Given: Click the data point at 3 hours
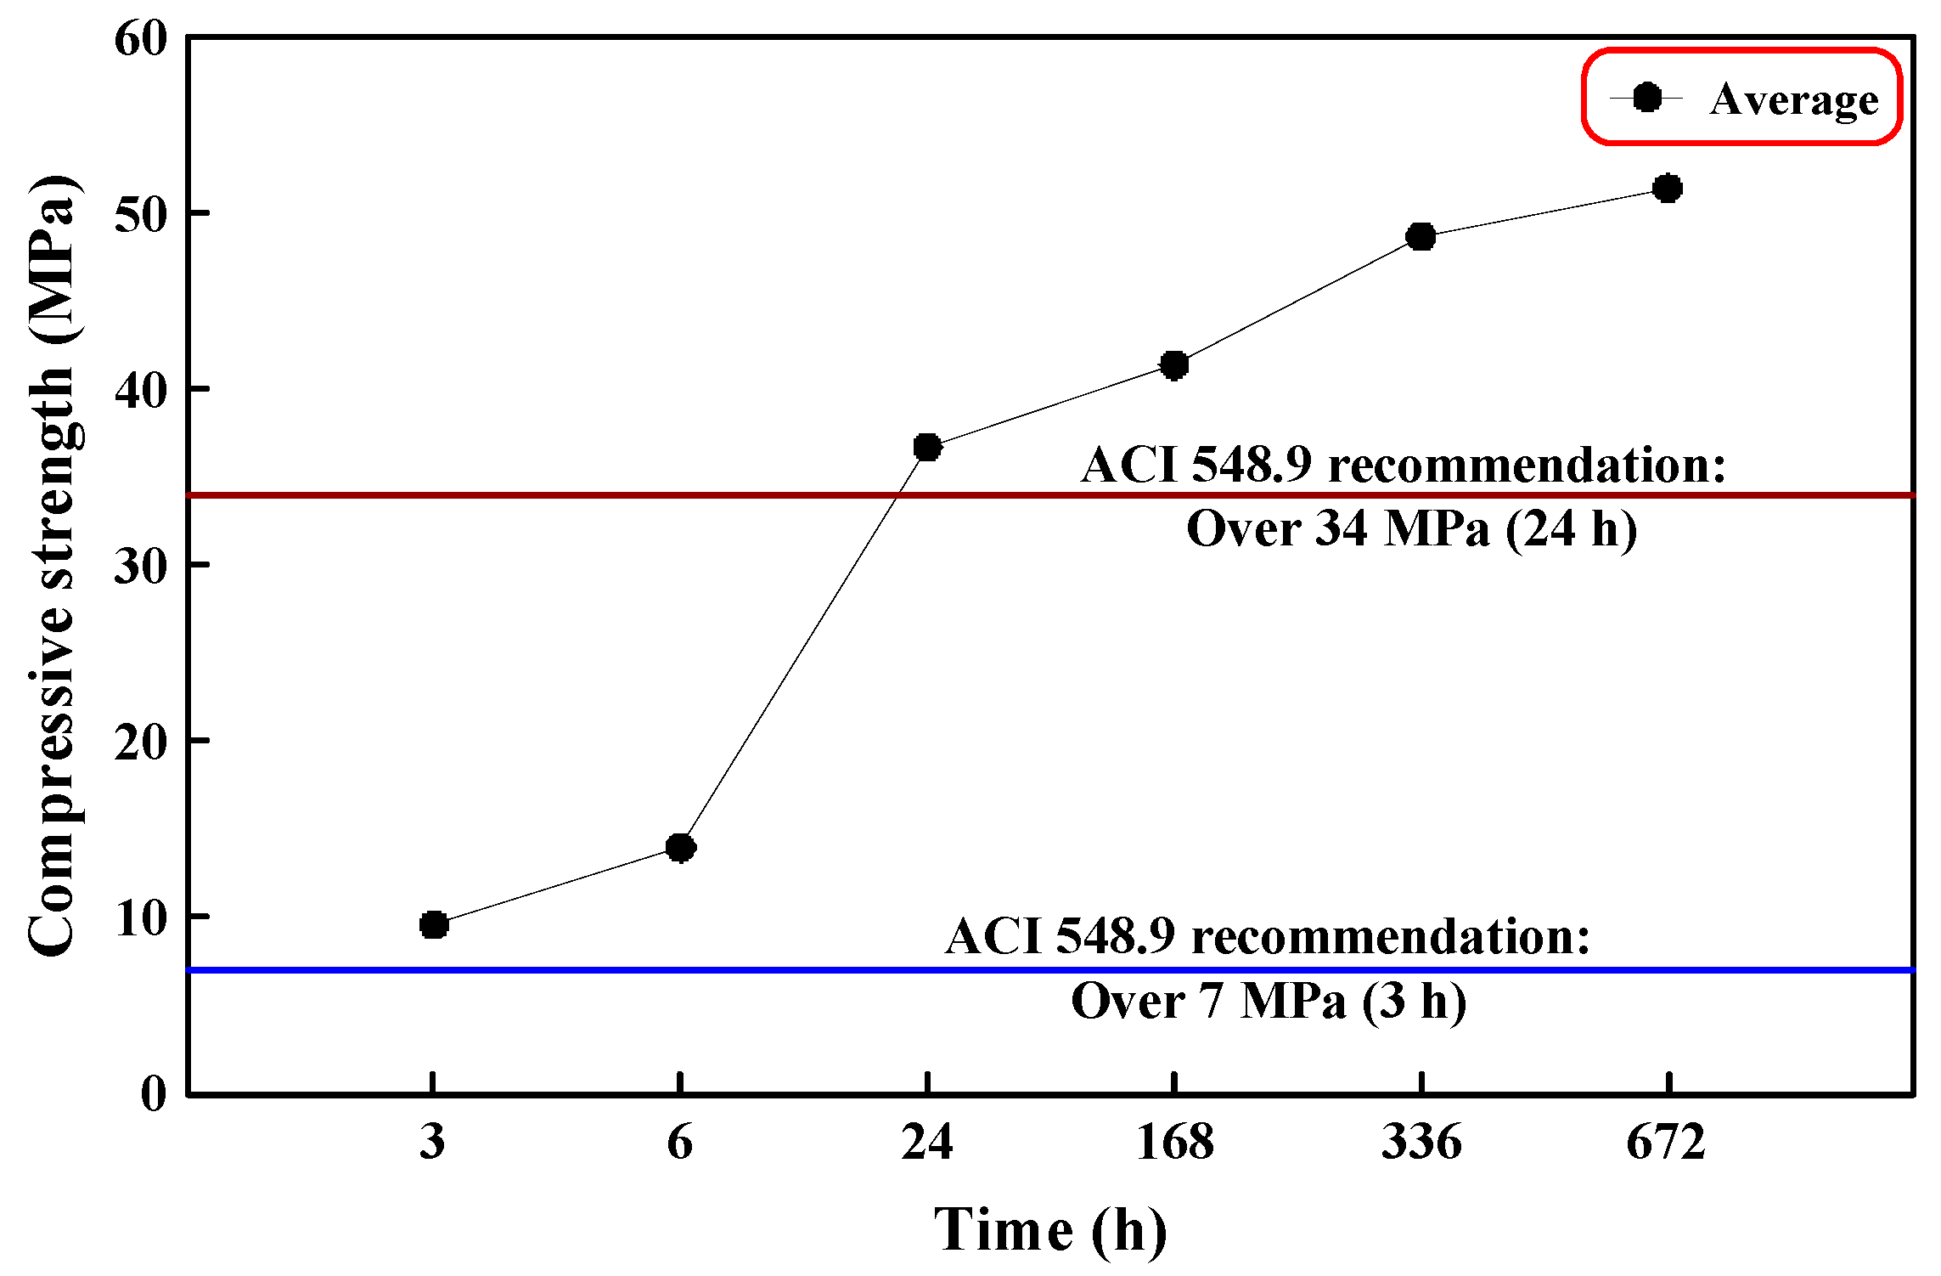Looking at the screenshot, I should pyautogui.click(x=434, y=924).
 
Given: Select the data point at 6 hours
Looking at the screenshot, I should pyautogui.click(x=680, y=847).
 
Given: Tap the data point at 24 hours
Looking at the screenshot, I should pyautogui.click(x=927, y=447).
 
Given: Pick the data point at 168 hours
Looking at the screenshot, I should pyautogui.click(x=1174, y=365).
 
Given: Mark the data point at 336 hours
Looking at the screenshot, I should pyautogui.click(x=1421, y=236).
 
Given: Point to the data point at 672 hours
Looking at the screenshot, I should pyautogui.click(x=1668, y=188).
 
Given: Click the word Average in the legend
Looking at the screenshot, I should pyautogui.click(x=1794, y=100).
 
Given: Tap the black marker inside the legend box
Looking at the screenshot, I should pyautogui.click(x=1647, y=98).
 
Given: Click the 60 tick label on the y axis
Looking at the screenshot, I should pyautogui.click(x=142, y=39).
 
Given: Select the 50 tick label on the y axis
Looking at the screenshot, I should pyautogui.click(x=142, y=214).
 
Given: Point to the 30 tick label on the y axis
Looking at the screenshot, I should pyautogui.click(x=142, y=566).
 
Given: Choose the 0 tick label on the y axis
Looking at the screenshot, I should pyautogui.click(x=155, y=1093).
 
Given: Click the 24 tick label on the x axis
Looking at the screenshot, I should pyautogui.click(x=927, y=1141).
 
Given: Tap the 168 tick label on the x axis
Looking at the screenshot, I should pyautogui.click(x=1174, y=1141).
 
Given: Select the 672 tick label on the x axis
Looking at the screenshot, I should pyautogui.click(x=1667, y=1141).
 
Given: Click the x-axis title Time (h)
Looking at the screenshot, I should pyautogui.click(x=1050, y=1229).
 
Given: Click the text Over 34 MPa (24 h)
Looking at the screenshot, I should pyautogui.click(x=1411, y=528).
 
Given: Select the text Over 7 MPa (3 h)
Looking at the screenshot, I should pyautogui.click(x=1269, y=1001).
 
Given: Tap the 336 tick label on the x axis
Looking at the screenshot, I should pyautogui.click(x=1421, y=1141).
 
